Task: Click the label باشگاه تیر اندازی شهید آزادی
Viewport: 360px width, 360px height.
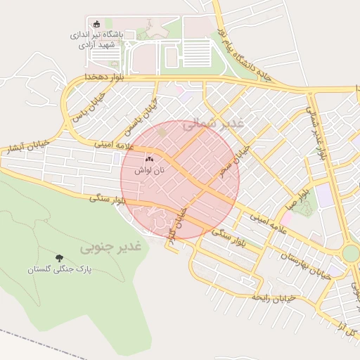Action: [97, 39]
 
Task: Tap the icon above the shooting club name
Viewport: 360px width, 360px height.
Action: [98, 25]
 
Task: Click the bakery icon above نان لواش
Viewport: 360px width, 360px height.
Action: [149, 160]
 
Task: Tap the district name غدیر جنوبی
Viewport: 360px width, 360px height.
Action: [110, 247]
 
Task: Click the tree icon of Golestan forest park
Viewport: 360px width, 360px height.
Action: [58, 258]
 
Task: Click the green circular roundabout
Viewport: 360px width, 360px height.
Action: [351, 253]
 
